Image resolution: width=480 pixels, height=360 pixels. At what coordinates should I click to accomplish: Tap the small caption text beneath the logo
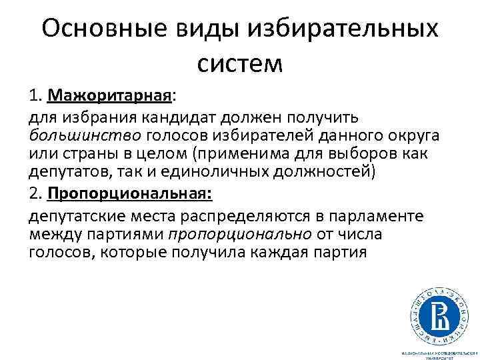tap(439, 354)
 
